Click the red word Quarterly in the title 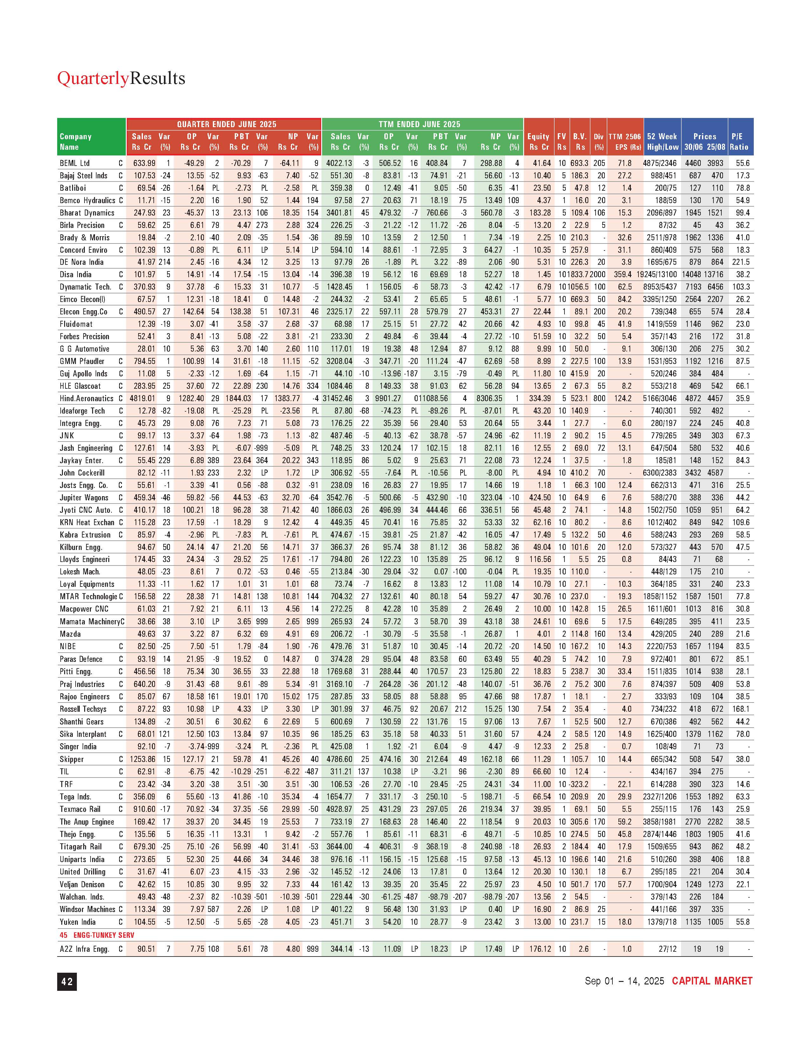tap(93, 78)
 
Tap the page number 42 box tap(67, 981)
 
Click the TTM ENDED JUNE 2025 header tap(419, 124)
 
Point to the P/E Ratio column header tap(739, 142)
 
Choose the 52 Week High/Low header tap(662, 142)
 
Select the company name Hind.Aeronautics tap(86, 398)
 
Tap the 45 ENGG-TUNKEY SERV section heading tap(97, 935)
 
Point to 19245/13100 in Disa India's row tap(657, 275)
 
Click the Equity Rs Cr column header tap(538, 142)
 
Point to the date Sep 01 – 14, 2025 tap(624, 981)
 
